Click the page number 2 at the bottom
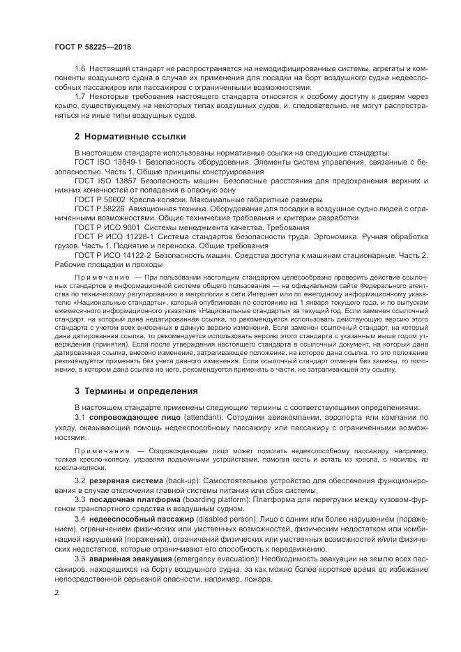pos(56,592)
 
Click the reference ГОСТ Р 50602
pos(96,198)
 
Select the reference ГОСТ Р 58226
pos(96,208)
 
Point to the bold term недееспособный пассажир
pos(137,519)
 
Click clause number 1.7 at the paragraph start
pos(80,96)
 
